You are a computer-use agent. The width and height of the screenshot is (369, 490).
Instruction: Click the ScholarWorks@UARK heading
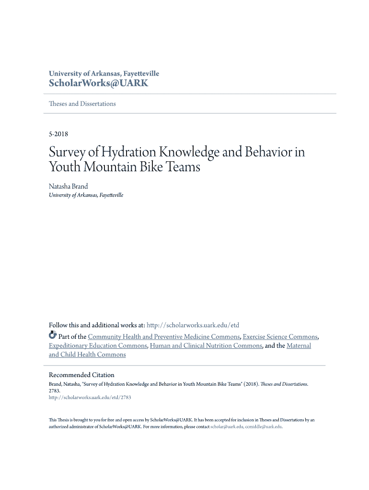(x=98, y=84)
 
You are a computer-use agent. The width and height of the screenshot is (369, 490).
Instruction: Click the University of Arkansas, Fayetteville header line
(x=104, y=74)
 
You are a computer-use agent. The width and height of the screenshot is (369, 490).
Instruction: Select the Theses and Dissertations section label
(x=82, y=104)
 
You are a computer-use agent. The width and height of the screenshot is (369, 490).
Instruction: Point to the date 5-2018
(x=58, y=134)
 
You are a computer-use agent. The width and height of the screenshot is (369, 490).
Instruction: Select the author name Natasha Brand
(x=69, y=186)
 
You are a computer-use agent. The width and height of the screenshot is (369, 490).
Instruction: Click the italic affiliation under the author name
(x=86, y=195)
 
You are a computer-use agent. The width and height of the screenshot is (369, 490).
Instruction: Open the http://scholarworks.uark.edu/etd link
(x=193, y=325)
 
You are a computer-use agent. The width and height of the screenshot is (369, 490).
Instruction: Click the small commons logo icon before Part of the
(x=53, y=335)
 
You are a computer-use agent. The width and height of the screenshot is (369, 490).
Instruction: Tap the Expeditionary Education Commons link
(x=98, y=345)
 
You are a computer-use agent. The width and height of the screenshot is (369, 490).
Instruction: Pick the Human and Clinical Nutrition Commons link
(x=206, y=345)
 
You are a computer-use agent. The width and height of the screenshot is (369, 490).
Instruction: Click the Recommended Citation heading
(x=81, y=375)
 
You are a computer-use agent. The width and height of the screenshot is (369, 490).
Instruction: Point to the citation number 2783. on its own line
(x=55, y=390)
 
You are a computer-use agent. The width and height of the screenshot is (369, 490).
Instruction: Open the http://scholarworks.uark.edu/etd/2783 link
(x=90, y=397)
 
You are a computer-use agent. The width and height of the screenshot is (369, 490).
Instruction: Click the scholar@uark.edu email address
(x=227, y=427)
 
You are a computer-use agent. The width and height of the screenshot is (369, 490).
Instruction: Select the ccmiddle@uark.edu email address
(x=264, y=427)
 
